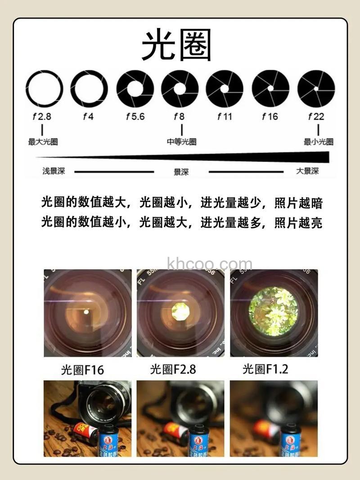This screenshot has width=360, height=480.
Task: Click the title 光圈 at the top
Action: click(176, 46)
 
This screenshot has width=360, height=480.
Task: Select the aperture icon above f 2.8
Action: click(44, 89)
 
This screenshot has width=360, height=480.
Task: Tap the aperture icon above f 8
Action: click(180, 89)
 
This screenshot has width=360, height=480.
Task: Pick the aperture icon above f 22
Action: click(316, 89)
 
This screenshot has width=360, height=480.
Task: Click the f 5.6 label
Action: click(135, 117)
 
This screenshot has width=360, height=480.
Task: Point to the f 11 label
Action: click(225, 117)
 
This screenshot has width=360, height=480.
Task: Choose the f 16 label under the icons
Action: click(270, 117)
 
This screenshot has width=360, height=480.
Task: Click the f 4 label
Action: click(88, 117)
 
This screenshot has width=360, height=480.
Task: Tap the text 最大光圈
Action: click(43, 142)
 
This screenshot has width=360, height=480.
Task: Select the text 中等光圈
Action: click(181, 142)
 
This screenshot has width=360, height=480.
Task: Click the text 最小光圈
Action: click(318, 142)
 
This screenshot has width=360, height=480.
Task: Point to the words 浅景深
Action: click(54, 171)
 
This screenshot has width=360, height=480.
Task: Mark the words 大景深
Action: click(307, 171)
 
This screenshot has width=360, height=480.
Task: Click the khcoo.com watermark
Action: click(210, 264)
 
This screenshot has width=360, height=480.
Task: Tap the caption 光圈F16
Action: click(82, 370)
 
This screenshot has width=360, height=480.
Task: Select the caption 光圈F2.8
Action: click(173, 369)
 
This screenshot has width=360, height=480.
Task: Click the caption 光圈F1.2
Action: click(265, 369)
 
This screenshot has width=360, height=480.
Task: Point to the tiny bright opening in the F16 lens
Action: click(86, 311)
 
